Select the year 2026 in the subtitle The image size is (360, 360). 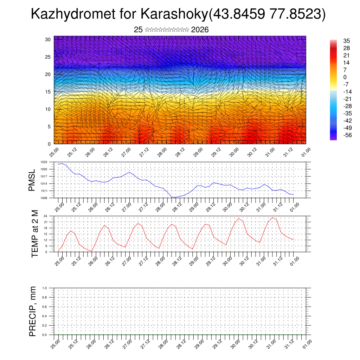tap(200, 30)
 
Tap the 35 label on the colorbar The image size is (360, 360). tap(346, 41)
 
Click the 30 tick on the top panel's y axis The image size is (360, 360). tap(48, 39)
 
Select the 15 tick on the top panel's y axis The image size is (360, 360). tap(48, 92)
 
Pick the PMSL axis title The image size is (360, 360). tap(32, 180)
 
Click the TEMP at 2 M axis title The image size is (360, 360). tap(35, 233)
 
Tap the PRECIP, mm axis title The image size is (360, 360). tap(33, 311)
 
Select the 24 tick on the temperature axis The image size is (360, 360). tap(51, 216)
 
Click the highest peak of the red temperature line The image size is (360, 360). tap(272, 218)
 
